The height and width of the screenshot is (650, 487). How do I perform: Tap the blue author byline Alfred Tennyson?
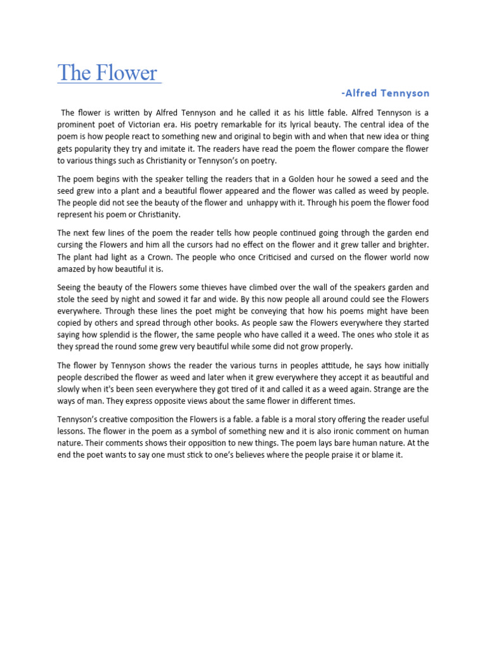click(x=387, y=93)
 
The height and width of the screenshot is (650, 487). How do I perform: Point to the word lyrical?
click(x=318, y=124)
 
